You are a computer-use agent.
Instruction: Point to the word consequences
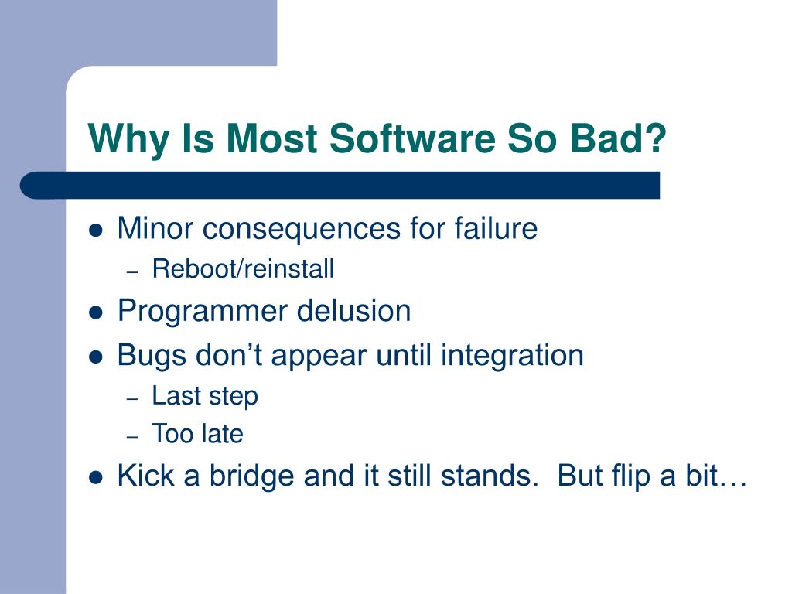(302, 228)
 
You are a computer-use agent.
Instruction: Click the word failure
(496, 227)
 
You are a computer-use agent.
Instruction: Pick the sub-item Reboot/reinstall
(243, 268)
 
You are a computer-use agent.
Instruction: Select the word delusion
(353, 310)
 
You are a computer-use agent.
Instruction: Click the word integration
(512, 356)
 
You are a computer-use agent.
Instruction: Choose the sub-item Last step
(204, 395)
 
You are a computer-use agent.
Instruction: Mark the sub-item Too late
(197, 433)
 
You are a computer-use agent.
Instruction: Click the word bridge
(252, 476)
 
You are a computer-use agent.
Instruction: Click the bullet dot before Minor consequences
(95, 230)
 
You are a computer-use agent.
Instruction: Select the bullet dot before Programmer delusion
(95, 313)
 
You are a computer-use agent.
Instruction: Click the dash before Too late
(132, 436)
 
